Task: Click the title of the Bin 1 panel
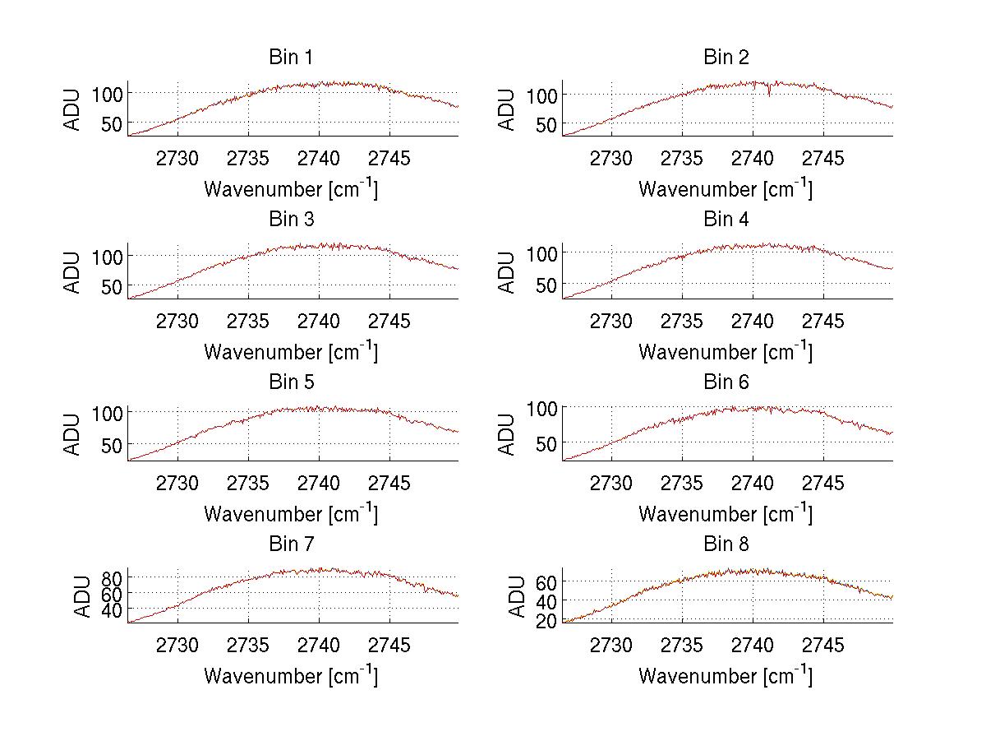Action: [x=290, y=58]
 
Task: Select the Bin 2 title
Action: [x=726, y=58]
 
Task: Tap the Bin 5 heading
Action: [x=290, y=382]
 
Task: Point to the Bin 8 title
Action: [x=726, y=544]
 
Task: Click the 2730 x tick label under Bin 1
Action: [x=177, y=159]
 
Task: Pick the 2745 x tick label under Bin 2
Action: [x=822, y=159]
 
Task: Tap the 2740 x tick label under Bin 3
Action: [x=319, y=321]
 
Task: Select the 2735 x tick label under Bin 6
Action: [x=681, y=484]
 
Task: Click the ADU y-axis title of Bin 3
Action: [x=74, y=272]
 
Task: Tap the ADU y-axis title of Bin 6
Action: [x=509, y=434]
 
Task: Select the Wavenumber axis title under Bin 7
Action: [x=291, y=676]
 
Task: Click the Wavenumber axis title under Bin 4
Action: [x=726, y=352]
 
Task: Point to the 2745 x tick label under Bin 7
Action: [x=389, y=646]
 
